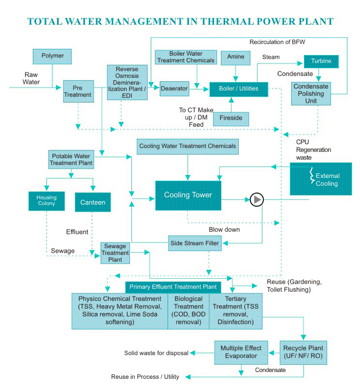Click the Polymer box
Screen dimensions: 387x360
tap(53, 56)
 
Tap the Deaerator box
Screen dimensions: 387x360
tap(174, 89)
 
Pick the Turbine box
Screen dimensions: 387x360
tap(321, 62)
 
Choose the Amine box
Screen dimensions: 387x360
tap(235, 57)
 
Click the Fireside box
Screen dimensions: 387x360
tap(231, 119)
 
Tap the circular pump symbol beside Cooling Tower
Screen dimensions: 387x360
tap(257, 199)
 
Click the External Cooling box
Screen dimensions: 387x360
tap(321, 179)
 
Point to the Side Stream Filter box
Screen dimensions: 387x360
tap(195, 243)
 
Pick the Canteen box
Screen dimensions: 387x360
tap(92, 202)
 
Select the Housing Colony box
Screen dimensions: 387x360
tap(46, 200)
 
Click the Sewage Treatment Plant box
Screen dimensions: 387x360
tap(115, 253)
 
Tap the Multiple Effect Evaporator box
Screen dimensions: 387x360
tap(241, 352)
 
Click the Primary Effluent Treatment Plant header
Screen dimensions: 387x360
tap(173, 287)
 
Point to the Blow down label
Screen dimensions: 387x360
tap(224, 229)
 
